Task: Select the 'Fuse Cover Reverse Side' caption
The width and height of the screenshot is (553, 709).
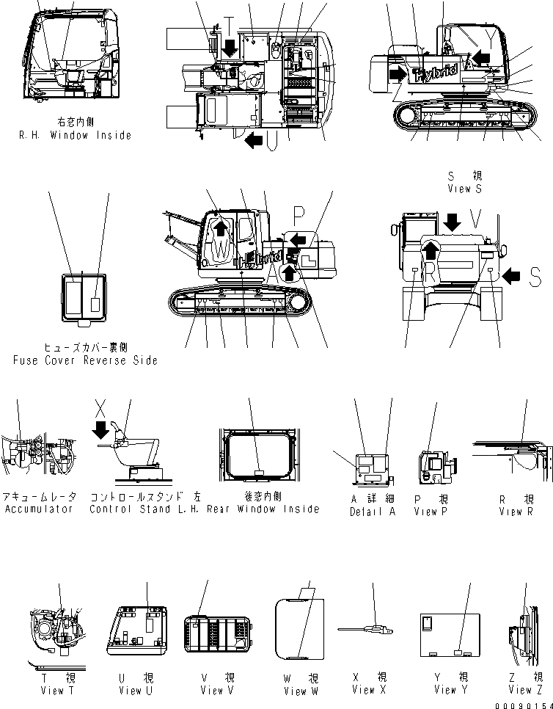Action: [85, 360]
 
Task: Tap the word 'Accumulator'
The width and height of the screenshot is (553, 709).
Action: [39, 509]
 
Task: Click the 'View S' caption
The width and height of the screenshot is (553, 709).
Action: [464, 189]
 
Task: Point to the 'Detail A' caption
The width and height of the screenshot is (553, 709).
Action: [372, 512]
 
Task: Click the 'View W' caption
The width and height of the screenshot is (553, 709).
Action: [301, 691]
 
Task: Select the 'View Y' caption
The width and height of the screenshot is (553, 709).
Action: [445, 689]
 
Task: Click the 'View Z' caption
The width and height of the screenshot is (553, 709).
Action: [525, 689]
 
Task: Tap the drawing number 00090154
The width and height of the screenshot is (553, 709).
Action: [521, 705]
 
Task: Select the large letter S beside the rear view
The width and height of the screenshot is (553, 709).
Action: [535, 276]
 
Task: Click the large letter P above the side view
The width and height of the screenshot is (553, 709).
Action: [299, 213]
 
